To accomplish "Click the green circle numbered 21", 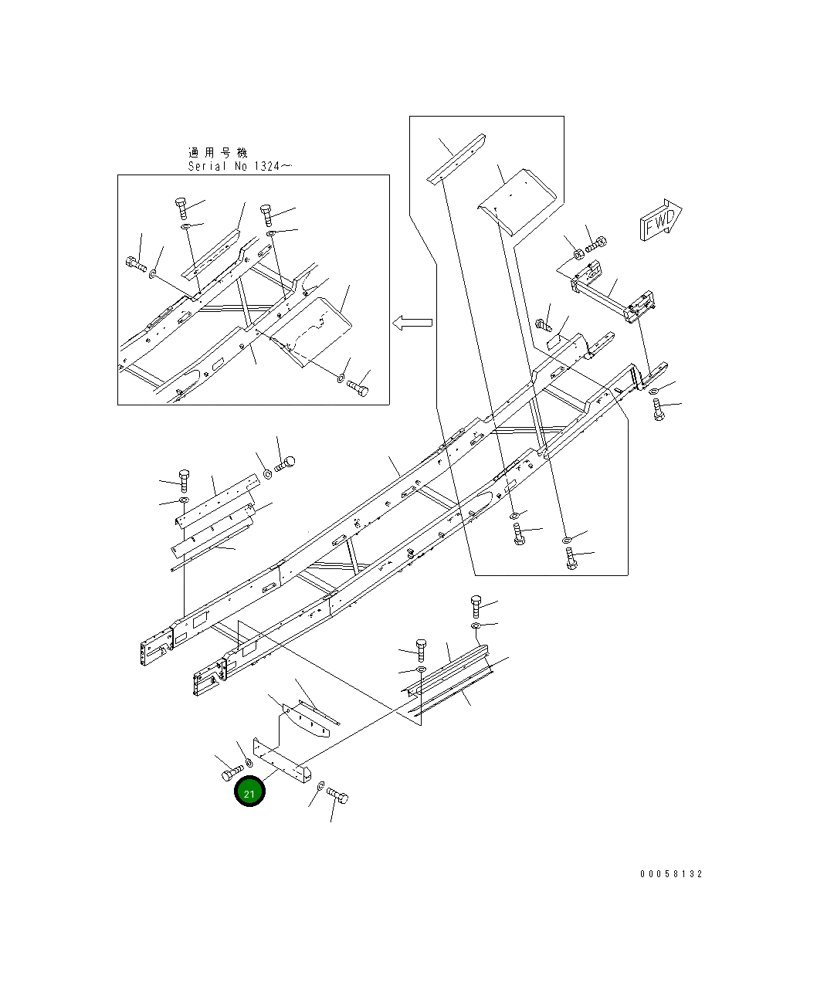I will point(249,792).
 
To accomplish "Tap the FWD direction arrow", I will point(659,220).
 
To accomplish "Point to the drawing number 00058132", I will point(671,874).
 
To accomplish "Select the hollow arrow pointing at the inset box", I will point(412,323).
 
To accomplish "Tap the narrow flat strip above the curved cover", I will point(458,160).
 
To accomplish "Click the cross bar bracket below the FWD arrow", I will point(613,297).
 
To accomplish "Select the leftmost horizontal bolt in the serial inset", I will point(136,264).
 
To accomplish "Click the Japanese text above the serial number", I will point(218,153).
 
